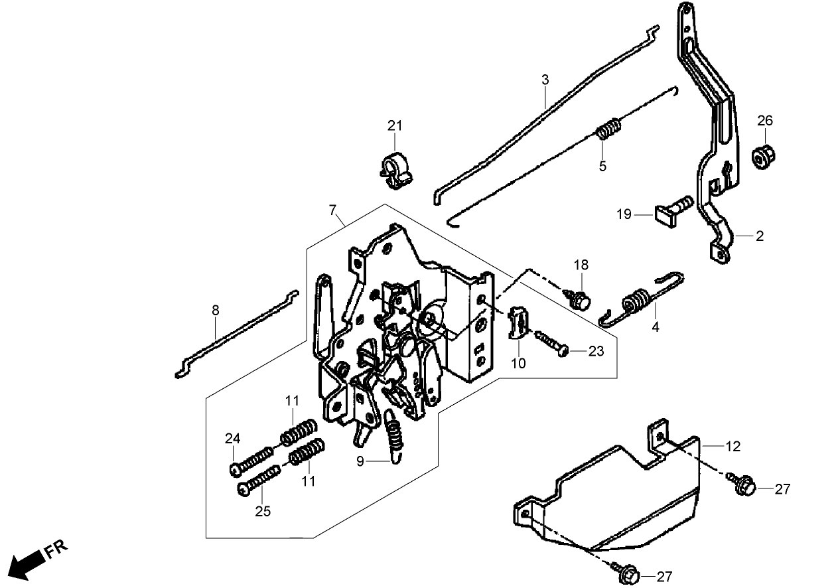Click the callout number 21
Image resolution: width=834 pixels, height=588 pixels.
(x=395, y=126)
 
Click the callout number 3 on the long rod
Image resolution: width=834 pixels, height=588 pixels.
(x=545, y=80)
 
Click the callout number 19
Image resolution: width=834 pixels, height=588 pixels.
(x=624, y=215)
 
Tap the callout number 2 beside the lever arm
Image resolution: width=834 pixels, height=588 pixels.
(x=759, y=236)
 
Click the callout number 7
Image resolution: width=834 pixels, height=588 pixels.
(x=332, y=210)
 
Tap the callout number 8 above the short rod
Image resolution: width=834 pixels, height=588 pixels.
(x=215, y=309)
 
